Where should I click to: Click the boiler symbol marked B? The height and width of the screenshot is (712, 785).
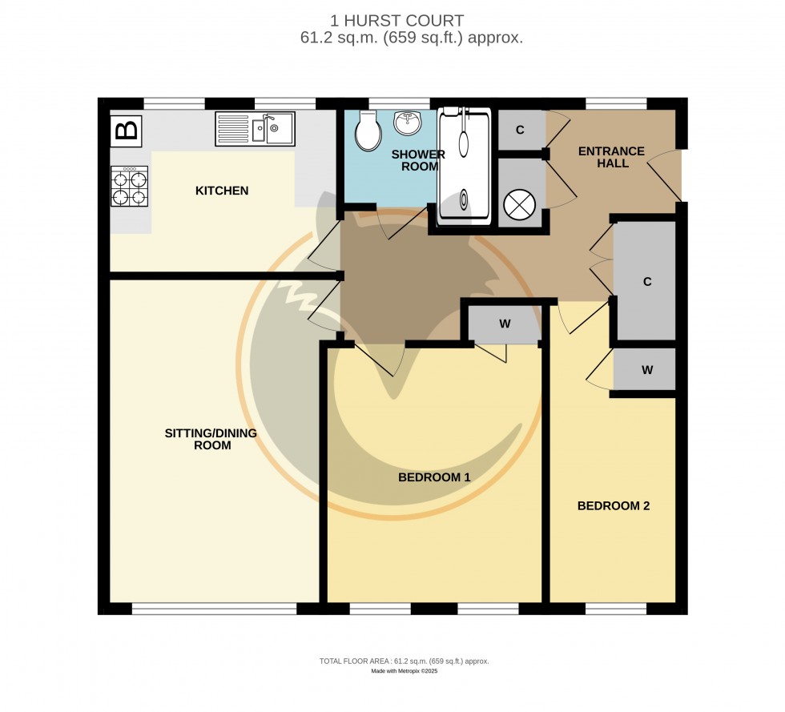(126, 131)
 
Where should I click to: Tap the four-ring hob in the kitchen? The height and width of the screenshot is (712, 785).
(130, 187)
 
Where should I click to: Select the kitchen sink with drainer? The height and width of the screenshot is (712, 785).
(255, 129)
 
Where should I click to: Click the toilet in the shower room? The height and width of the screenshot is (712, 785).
(368, 131)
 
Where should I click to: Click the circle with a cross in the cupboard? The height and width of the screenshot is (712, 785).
(519, 204)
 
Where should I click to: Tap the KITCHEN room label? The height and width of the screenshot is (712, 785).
(222, 191)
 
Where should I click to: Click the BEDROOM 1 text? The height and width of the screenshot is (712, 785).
(434, 477)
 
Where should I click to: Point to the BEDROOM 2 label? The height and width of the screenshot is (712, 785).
(614, 506)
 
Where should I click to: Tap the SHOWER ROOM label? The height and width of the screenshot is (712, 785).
(417, 160)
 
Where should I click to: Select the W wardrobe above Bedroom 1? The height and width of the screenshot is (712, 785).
(505, 324)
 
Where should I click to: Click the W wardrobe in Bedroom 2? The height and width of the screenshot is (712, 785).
(646, 370)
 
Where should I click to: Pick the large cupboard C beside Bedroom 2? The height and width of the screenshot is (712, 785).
(646, 281)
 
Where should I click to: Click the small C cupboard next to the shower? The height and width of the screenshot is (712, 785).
(520, 131)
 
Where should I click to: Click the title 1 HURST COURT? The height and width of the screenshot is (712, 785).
(397, 21)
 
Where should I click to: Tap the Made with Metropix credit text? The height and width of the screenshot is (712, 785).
(404, 671)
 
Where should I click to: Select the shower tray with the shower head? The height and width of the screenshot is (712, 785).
(464, 164)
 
